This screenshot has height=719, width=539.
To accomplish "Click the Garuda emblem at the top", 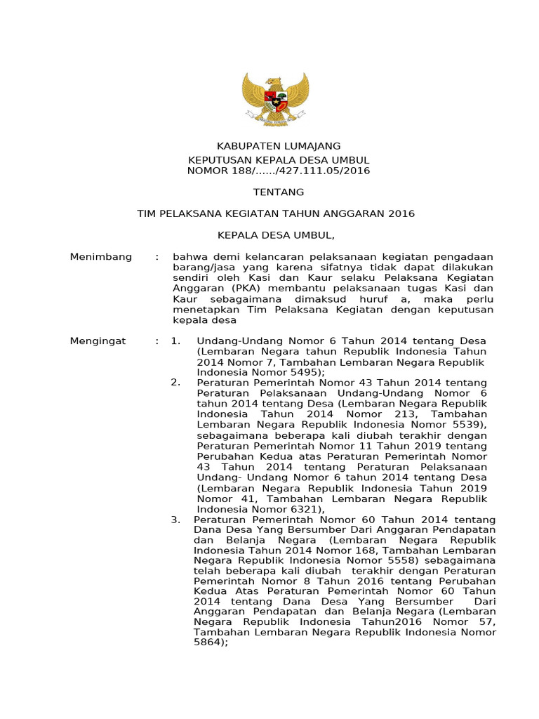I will click(x=269, y=99).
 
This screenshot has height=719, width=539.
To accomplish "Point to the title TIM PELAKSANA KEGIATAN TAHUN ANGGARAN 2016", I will click(x=276, y=213).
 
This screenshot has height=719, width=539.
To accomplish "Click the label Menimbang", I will click(x=101, y=257).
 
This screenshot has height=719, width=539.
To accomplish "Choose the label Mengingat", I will click(x=98, y=341).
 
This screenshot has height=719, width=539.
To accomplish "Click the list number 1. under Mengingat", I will click(x=177, y=341).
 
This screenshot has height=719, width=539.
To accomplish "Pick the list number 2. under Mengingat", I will click(x=177, y=383).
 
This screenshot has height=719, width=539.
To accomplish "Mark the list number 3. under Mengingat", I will click(x=177, y=520).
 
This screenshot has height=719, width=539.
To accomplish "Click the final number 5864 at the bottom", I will click(x=208, y=642).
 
